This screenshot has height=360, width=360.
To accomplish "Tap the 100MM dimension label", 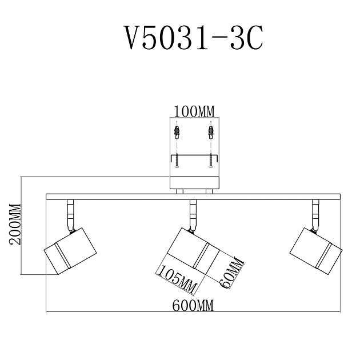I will pos(194,110).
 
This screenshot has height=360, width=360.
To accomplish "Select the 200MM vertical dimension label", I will pos(15,224).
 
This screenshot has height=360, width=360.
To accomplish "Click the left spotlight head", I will pos(70,251).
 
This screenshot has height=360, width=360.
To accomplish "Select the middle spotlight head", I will pos(193,252).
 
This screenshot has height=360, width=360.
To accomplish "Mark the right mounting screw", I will pos(211,160).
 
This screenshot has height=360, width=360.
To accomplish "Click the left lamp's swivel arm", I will pos(70,214).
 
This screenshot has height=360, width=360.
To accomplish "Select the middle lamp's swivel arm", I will pos(193,214).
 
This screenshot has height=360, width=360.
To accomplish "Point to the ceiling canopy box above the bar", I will pos(194,183).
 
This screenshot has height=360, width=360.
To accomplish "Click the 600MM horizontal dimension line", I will pos(114,312).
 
